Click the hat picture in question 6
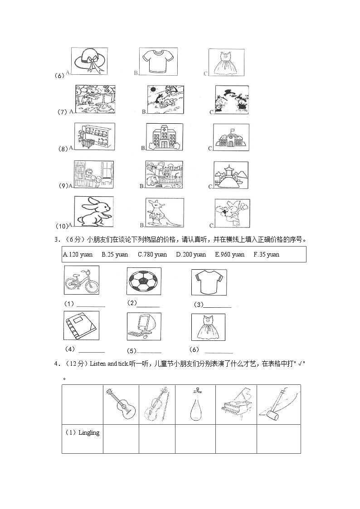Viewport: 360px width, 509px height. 89,62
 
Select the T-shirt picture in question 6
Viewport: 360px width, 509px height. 157,62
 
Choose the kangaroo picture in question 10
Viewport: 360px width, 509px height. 164,213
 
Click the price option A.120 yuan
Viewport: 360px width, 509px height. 78,255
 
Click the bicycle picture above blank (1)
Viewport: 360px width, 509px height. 82,281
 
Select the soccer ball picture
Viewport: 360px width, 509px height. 144,281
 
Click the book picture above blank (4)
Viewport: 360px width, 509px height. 81,325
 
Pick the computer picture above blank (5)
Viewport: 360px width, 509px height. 144,325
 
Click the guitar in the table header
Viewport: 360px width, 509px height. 121,404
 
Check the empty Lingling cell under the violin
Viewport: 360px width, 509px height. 157,438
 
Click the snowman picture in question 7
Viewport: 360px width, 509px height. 231,100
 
